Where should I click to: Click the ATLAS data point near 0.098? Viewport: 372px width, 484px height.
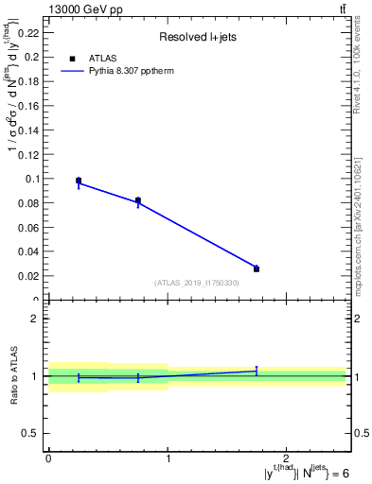coord(79,181)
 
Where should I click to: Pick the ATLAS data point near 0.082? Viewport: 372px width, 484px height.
coord(138,200)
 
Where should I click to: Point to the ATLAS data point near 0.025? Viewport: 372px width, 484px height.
coord(257,268)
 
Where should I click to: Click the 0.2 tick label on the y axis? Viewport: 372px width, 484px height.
coord(32,57)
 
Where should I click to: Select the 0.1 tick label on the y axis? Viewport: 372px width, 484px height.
coord(32,179)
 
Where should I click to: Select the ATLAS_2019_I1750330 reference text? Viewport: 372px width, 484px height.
coord(197,283)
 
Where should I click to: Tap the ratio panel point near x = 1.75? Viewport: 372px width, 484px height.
coord(257,371)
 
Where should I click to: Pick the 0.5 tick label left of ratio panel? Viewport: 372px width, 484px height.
coord(32,433)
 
